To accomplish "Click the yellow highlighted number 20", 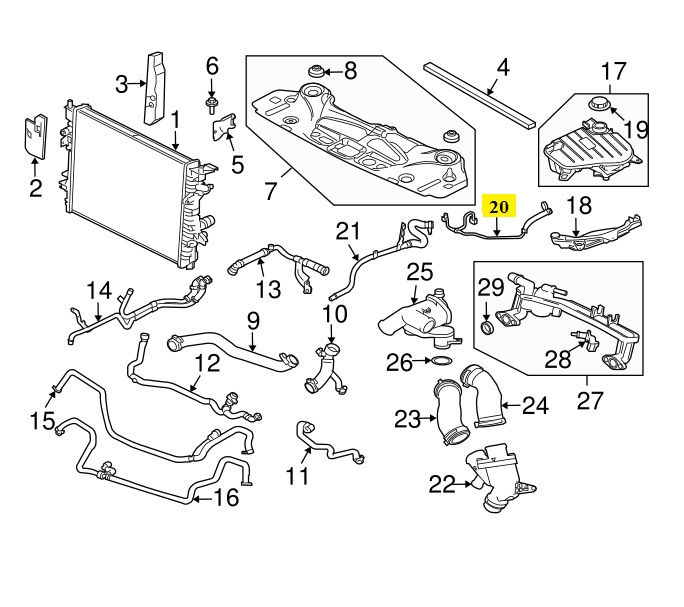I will click(x=499, y=207).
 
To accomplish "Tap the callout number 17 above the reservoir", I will click(x=612, y=71).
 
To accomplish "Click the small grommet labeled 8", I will click(x=318, y=72).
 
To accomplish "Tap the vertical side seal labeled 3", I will click(x=154, y=87).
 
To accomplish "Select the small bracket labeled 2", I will click(x=34, y=136).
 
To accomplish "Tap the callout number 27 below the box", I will click(x=590, y=401).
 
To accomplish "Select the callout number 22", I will click(x=441, y=485).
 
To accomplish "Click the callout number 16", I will click(x=227, y=496).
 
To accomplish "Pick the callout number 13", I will click(x=268, y=290).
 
